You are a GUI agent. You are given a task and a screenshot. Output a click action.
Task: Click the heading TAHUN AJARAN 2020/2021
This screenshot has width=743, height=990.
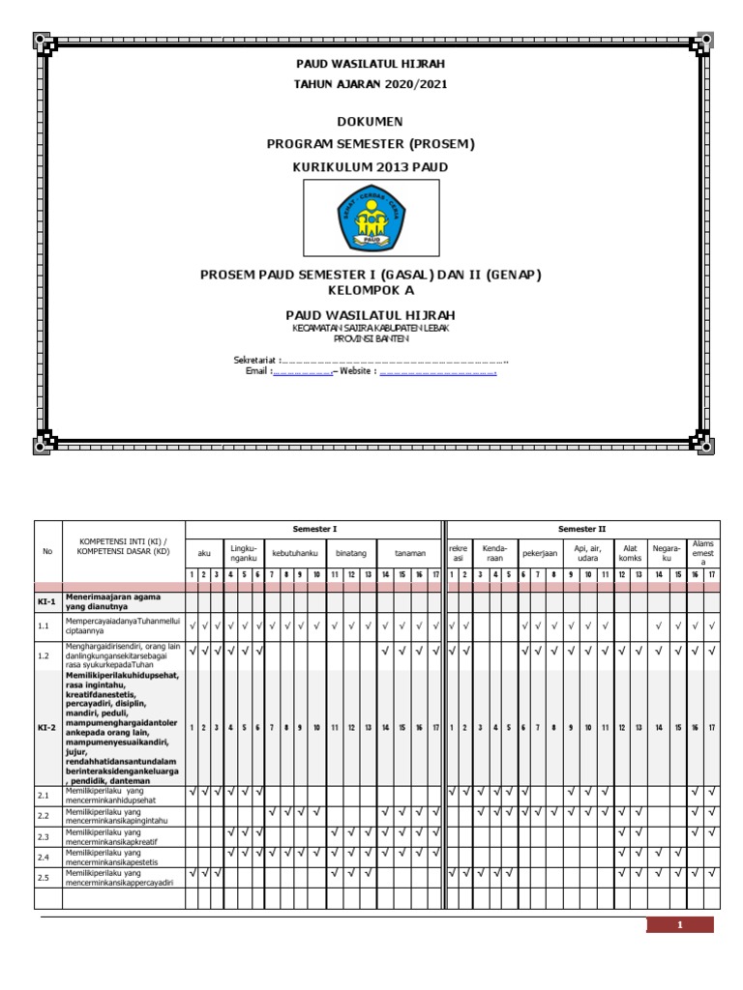pyautogui.click(x=371, y=84)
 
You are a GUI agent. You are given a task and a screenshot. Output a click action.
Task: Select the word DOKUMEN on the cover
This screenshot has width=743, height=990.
pyautogui.click(x=371, y=122)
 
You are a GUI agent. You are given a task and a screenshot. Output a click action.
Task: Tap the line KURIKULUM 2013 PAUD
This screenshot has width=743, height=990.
pyautogui.click(x=371, y=166)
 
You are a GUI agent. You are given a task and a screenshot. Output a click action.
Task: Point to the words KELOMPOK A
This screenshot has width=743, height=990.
pyautogui.click(x=371, y=290)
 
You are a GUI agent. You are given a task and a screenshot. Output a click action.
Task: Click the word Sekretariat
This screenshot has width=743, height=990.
pyautogui.click(x=254, y=361)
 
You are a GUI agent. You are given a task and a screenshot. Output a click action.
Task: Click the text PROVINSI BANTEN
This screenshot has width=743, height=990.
pyautogui.click(x=371, y=339)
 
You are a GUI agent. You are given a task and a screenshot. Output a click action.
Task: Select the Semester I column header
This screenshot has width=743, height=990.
pyautogui.click(x=314, y=529)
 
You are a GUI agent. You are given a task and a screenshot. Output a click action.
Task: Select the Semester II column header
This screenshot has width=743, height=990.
pyautogui.click(x=582, y=529)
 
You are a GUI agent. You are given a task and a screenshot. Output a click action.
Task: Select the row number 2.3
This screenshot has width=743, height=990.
pyautogui.click(x=43, y=836)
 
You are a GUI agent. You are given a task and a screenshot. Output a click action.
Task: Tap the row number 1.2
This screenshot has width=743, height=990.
pyautogui.click(x=43, y=655)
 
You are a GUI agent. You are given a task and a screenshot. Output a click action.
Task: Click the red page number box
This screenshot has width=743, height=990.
pyautogui.click(x=680, y=925)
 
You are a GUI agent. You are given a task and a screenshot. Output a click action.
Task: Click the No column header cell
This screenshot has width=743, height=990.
pyautogui.click(x=48, y=552)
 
